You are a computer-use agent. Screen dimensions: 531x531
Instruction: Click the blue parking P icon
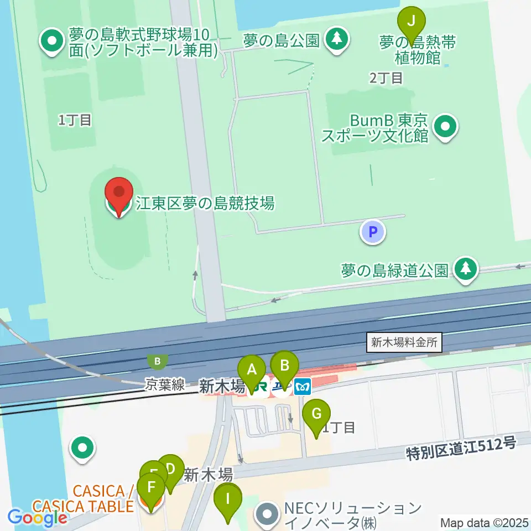click(373, 231)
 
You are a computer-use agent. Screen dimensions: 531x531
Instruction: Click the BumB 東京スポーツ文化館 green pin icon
click(445, 127)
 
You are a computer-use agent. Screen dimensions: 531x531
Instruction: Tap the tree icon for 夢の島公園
click(336, 39)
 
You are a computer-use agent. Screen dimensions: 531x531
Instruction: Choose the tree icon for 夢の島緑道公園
click(466, 269)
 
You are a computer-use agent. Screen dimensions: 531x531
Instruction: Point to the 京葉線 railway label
click(165, 385)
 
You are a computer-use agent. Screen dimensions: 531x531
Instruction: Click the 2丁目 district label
click(386, 78)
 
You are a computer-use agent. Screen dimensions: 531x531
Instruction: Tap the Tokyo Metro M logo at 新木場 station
click(303, 386)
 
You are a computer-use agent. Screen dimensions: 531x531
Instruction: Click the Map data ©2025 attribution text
click(485, 522)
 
